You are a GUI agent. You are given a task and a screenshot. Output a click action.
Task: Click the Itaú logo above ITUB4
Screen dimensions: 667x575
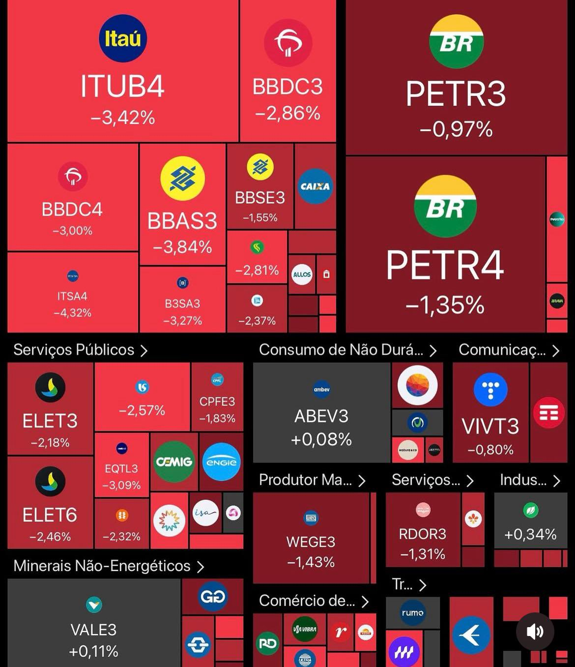point(122,38)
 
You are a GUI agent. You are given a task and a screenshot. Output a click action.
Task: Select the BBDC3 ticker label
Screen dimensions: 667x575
point(287,87)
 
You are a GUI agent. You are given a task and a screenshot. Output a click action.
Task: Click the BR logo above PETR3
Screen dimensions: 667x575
point(456,42)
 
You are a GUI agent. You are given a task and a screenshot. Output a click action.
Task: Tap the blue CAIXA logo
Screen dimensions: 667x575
point(315,186)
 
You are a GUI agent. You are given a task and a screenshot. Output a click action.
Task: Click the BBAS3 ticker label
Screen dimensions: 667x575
point(182,221)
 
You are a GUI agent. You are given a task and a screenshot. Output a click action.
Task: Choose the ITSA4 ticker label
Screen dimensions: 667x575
point(72,296)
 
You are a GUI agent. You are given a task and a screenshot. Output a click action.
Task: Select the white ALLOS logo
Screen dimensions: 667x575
point(302,274)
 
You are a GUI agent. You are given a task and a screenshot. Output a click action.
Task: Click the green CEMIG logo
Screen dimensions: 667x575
point(174,462)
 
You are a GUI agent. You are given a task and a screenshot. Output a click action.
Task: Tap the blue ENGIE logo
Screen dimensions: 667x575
point(221,462)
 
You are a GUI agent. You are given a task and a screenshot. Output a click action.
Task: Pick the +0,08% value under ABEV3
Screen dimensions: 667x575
point(321,439)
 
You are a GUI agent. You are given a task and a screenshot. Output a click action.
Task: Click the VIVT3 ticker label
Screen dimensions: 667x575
point(490,426)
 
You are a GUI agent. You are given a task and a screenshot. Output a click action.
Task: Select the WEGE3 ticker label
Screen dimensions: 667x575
point(311,542)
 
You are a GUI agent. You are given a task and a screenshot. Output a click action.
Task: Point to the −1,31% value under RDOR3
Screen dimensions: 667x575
point(423,554)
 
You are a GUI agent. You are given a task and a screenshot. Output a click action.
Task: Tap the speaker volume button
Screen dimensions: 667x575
point(535,632)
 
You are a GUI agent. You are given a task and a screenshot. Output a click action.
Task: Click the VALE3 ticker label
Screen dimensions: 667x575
point(93,630)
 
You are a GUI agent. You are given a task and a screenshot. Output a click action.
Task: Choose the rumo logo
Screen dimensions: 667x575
point(412,613)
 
